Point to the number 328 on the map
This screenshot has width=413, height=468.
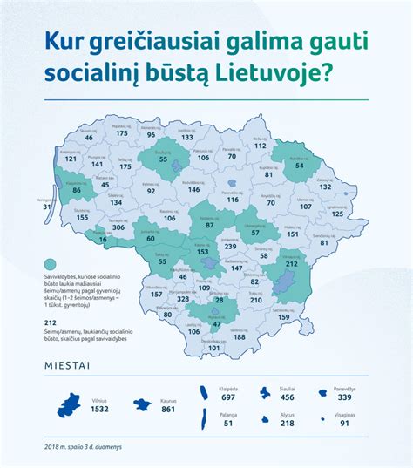(x=183, y=298)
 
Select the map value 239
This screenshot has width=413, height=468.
(x=230, y=247)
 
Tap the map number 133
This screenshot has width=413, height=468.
(x=187, y=138)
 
